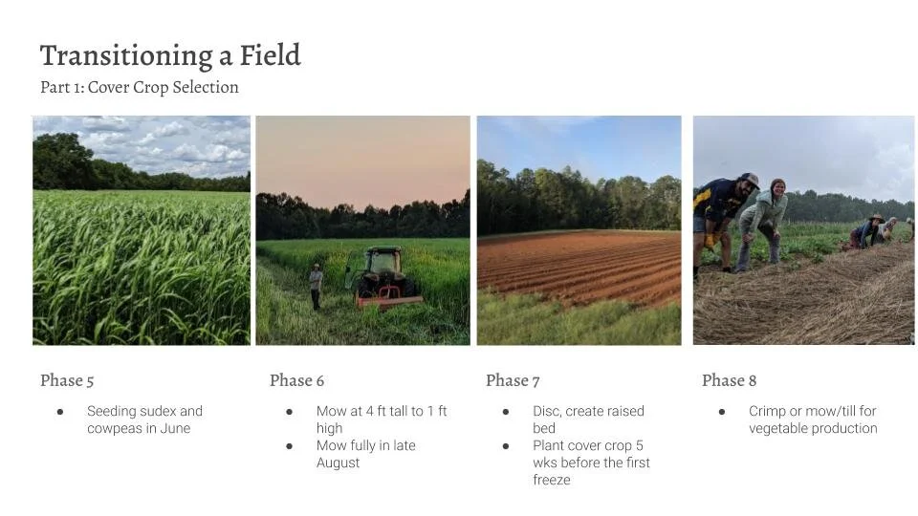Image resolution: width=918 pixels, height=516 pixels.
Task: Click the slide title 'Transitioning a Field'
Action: coord(170,55)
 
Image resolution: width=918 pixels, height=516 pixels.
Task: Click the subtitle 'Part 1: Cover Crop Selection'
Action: coord(140,87)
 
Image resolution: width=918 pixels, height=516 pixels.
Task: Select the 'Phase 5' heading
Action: coord(67,380)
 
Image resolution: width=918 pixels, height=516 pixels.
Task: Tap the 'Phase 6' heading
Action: coord(296,380)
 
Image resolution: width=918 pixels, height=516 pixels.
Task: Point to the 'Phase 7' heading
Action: coord(513,380)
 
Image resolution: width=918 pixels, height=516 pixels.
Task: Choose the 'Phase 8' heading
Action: coord(729,380)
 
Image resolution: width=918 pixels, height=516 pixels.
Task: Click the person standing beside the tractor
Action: coord(316,285)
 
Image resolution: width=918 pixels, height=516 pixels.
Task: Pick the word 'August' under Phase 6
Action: coord(339,462)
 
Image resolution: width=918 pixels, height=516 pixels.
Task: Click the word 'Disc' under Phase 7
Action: coord(548,411)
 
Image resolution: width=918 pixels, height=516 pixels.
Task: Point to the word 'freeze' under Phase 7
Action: coord(552,480)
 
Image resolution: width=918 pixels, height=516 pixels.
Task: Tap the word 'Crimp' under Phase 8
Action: coord(767,411)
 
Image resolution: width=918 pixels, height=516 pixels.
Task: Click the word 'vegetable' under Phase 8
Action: coord(780,428)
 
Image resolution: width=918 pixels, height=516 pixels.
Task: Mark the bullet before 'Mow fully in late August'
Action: coord(289,445)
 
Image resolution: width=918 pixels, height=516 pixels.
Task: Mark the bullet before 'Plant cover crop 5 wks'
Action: coord(505,445)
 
